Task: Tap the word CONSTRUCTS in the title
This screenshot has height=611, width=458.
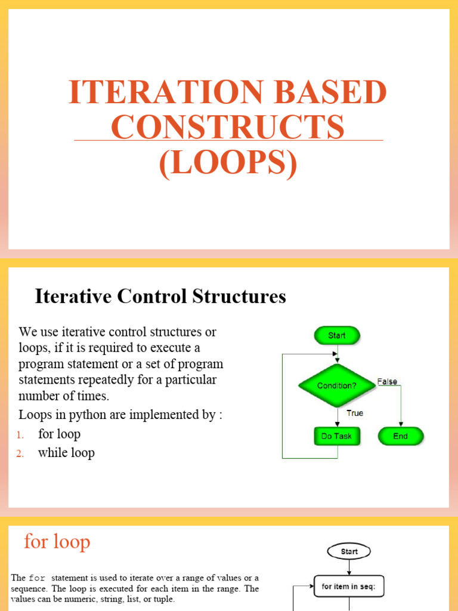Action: (228, 127)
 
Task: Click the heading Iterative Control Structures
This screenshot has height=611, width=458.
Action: (160, 297)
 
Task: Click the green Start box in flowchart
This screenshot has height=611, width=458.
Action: (337, 336)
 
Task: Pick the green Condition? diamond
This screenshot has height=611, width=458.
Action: (337, 385)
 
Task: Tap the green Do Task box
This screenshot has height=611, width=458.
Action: (337, 436)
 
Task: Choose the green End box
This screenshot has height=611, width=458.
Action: (400, 436)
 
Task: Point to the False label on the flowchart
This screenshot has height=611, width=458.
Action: (387, 382)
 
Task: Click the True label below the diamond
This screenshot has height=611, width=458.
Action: (355, 413)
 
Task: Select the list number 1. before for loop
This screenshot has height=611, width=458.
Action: (20, 435)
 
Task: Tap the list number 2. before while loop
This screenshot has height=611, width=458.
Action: (20, 454)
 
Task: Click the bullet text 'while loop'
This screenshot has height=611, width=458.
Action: (66, 453)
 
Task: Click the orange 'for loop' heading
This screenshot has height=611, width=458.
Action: (57, 542)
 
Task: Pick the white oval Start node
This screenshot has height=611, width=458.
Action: (349, 551)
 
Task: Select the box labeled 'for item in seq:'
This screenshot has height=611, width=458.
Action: (349, 587)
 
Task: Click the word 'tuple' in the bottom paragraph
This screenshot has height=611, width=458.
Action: (161, 599)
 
